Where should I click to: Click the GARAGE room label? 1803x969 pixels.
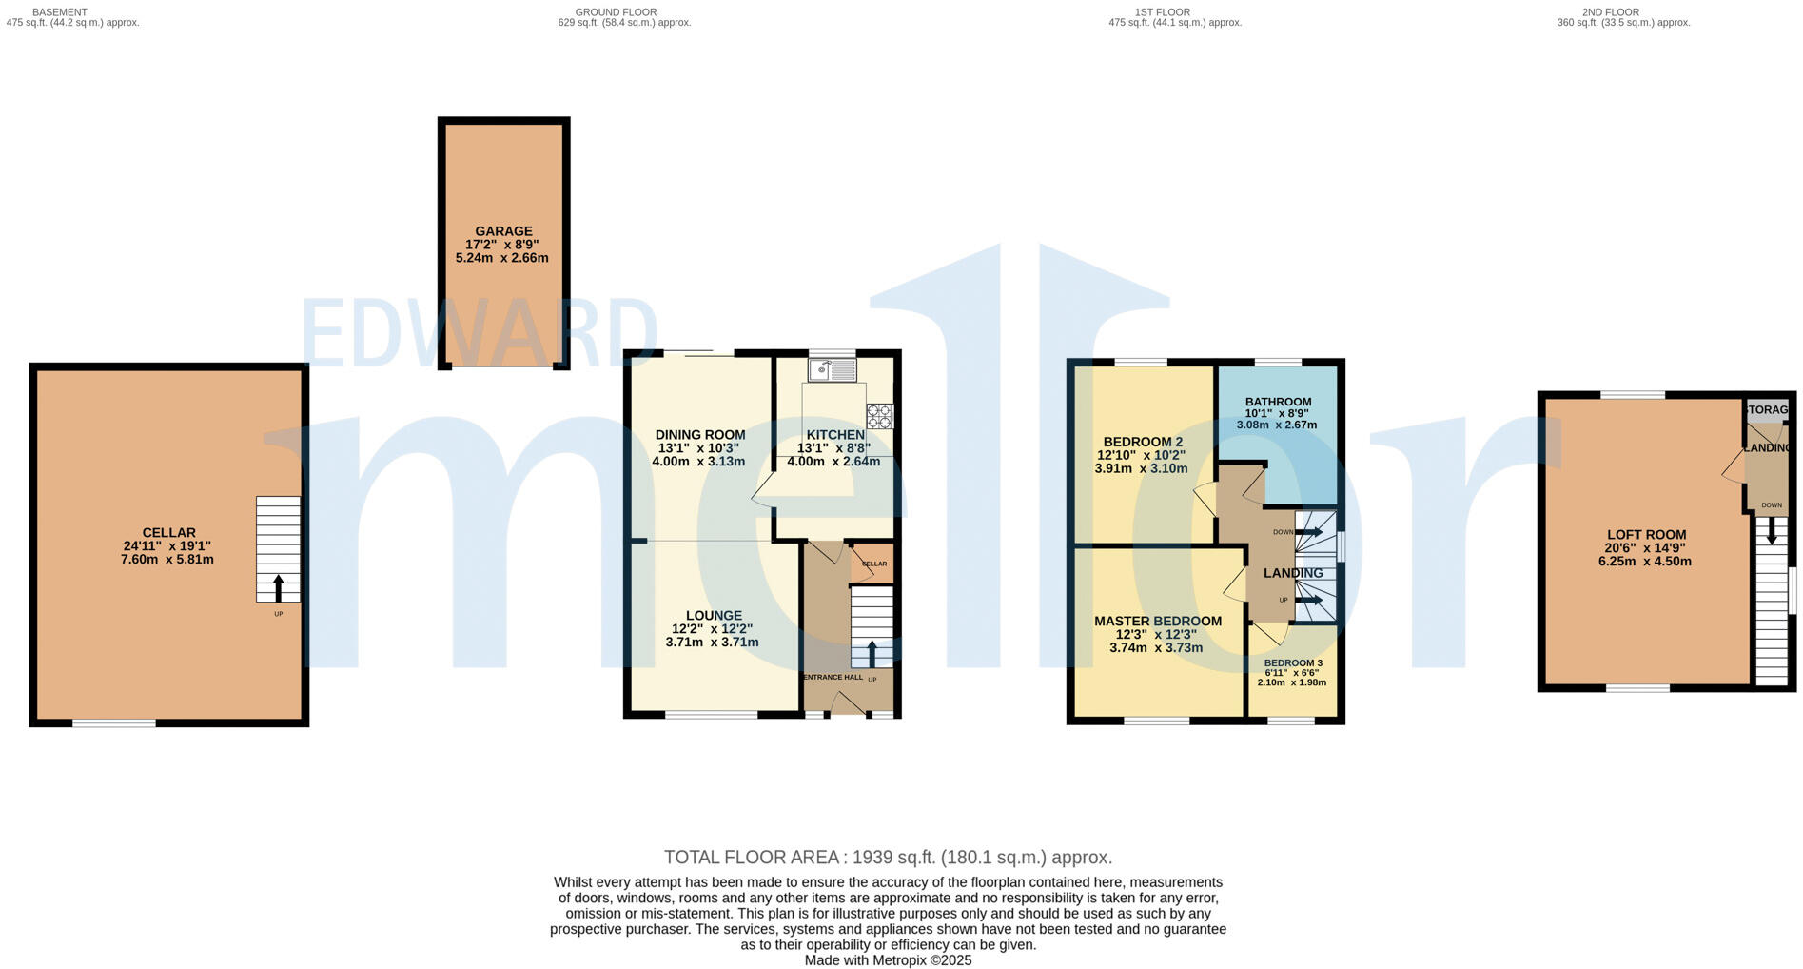coord(503,231)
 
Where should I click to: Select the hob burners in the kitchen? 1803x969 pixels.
coord(879,416)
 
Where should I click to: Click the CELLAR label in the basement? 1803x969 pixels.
coord(168,533)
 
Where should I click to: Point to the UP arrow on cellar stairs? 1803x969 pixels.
coord(278,586)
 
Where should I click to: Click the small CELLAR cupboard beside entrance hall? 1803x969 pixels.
coord(872,564)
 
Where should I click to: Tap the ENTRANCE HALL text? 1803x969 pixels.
coord(833,678)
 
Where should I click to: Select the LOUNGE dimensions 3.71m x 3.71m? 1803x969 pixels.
coord(712,643)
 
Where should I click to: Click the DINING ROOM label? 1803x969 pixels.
coord(700,435)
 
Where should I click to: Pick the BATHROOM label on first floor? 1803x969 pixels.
coord(1278,402)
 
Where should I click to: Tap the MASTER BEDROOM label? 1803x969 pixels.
coord(1157,622)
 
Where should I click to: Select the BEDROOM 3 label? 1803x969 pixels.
coord(1292,663)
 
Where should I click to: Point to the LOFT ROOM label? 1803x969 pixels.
coord(1645,535)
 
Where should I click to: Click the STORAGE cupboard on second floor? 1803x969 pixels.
coord(1767,410)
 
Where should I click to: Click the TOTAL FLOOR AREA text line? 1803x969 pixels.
coord(887,858)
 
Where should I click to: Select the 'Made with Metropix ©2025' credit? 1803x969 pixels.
coord(887,960)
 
